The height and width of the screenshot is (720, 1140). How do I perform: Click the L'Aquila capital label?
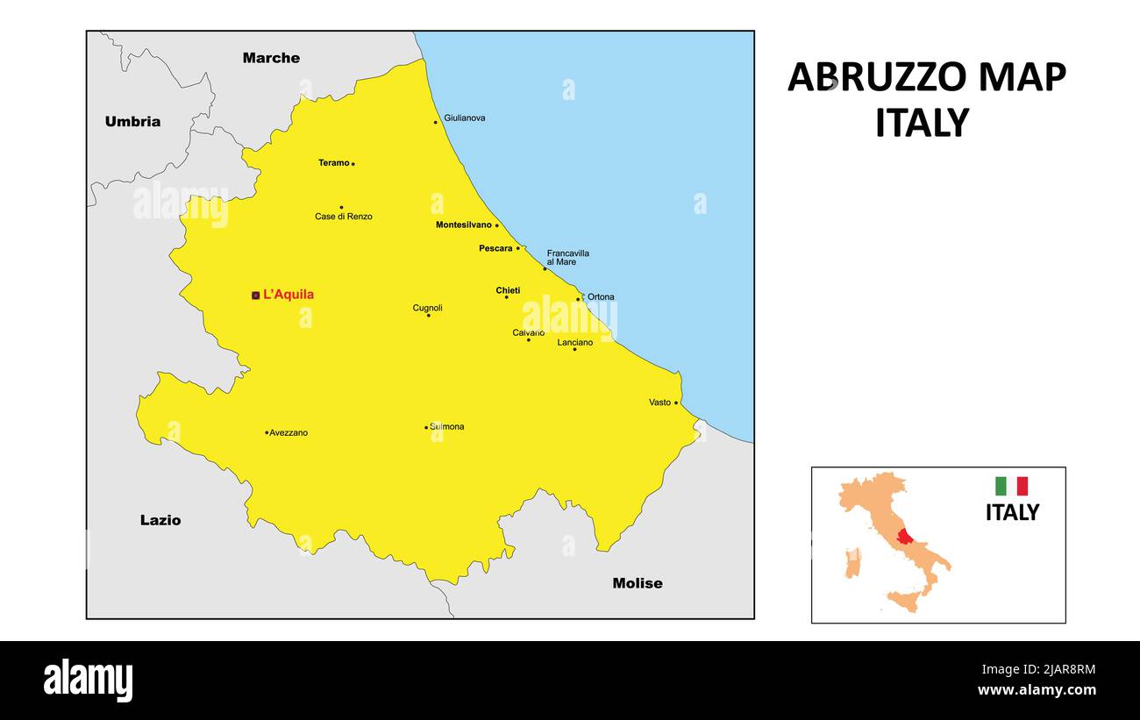[289, 295]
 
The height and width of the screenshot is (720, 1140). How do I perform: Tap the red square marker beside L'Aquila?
[255, 296]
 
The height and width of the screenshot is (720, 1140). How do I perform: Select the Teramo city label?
[333, 163]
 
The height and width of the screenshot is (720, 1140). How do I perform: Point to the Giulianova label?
[465, 118]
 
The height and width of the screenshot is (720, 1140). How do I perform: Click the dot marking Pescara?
[517, 248]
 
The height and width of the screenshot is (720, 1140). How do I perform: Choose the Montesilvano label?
[464, 225]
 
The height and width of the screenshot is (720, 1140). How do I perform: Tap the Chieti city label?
[508, 290]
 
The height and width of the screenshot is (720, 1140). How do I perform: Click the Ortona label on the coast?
[601, 297]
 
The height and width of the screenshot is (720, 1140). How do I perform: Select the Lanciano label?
[575, 342]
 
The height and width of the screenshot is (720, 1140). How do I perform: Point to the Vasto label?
[659, 403]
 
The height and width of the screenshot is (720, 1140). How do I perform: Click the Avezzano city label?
[289, 433]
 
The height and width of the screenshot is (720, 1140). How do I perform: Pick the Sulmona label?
[447, 427]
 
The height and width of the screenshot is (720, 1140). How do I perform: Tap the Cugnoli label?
[428, 308]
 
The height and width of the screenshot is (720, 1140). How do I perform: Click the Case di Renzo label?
[344, 217]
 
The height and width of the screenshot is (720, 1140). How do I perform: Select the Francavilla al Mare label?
[567, 257]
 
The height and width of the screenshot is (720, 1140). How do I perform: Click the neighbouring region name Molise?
[638, 583]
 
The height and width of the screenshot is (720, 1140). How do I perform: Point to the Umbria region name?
[132, 122]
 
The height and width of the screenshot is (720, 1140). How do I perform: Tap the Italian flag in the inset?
[1011, 486]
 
